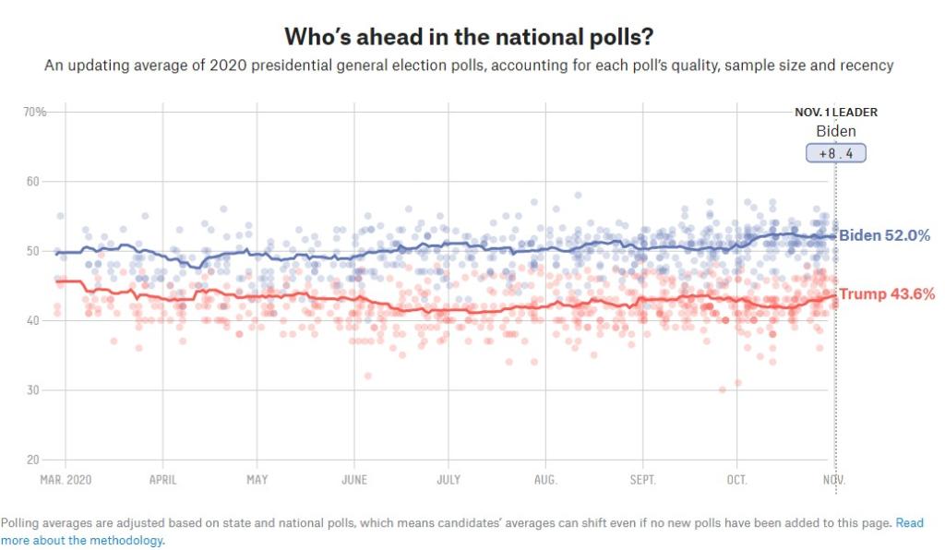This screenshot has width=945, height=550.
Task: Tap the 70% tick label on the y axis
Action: click(35, 112)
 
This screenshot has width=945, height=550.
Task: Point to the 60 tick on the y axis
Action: click(35, 182)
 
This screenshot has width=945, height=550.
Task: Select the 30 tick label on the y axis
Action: click(35, 390)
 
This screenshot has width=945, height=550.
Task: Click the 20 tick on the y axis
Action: click(35, 460)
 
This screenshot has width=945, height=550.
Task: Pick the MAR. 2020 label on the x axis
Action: click(66, 480)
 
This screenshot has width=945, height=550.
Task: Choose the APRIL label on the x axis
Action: click(162, 480)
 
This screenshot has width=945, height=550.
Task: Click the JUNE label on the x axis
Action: click(353, 480)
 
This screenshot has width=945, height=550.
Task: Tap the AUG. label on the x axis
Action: click(545, 480)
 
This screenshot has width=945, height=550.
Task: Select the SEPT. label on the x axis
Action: click(642, 480)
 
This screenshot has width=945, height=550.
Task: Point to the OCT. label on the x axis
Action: click(737, 480)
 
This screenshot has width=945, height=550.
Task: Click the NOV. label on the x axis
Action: click(834, 480)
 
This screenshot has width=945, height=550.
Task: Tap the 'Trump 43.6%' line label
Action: click(887, 294)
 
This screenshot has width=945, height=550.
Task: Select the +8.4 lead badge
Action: click(836, 153)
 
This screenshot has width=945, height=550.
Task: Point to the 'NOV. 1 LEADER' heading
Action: click(836, 113)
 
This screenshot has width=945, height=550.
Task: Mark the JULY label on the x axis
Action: click(449, 480)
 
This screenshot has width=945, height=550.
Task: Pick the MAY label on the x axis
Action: click(257, 480)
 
